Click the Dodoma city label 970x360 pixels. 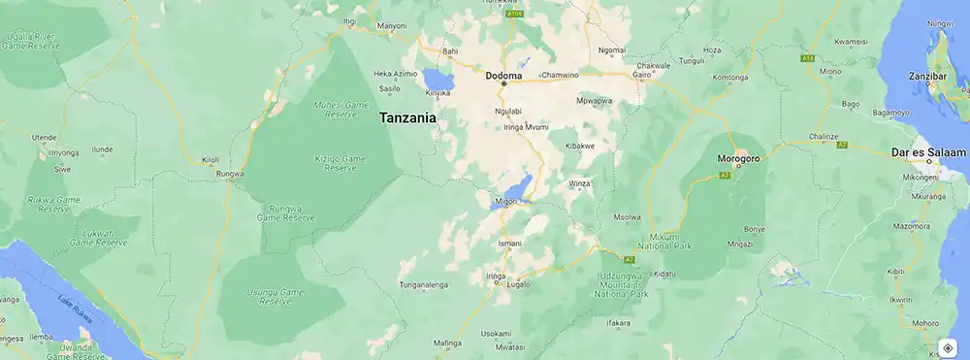[x=503, y=75]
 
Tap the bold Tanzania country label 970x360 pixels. [x=407, y=117]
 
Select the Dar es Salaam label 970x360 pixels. [x=928, y=152]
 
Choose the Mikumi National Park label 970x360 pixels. [x=665, y=243]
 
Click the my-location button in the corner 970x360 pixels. [x=948, y=347]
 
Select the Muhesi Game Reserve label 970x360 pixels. [x=336, y=109]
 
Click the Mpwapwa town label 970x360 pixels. [x=594, y=100]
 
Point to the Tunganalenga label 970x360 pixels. [x=424, y=285]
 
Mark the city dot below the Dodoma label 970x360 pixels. [x=503, y=84]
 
